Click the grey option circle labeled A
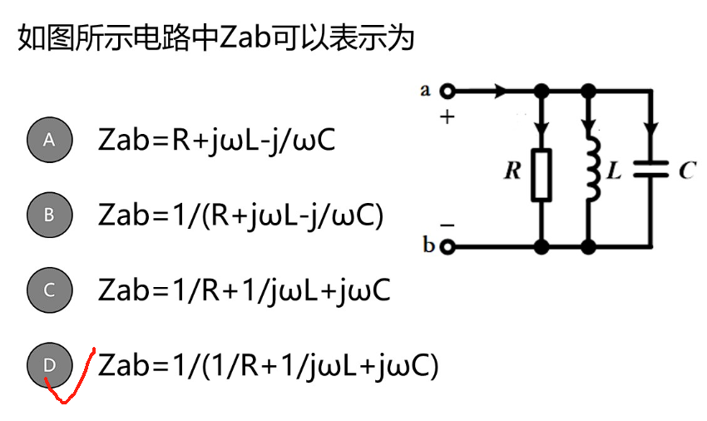[49, 140]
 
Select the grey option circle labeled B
[49, 215]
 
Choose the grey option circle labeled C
[49, 290]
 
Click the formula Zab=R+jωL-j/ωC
[216, 140]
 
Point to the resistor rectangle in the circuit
[541, 175]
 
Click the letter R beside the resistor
[513, 171]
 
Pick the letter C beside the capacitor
[686, 171]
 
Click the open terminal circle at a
[449, 91]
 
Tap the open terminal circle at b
[449, 247]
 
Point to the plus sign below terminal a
[448, 117]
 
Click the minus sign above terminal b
[447, 225]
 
